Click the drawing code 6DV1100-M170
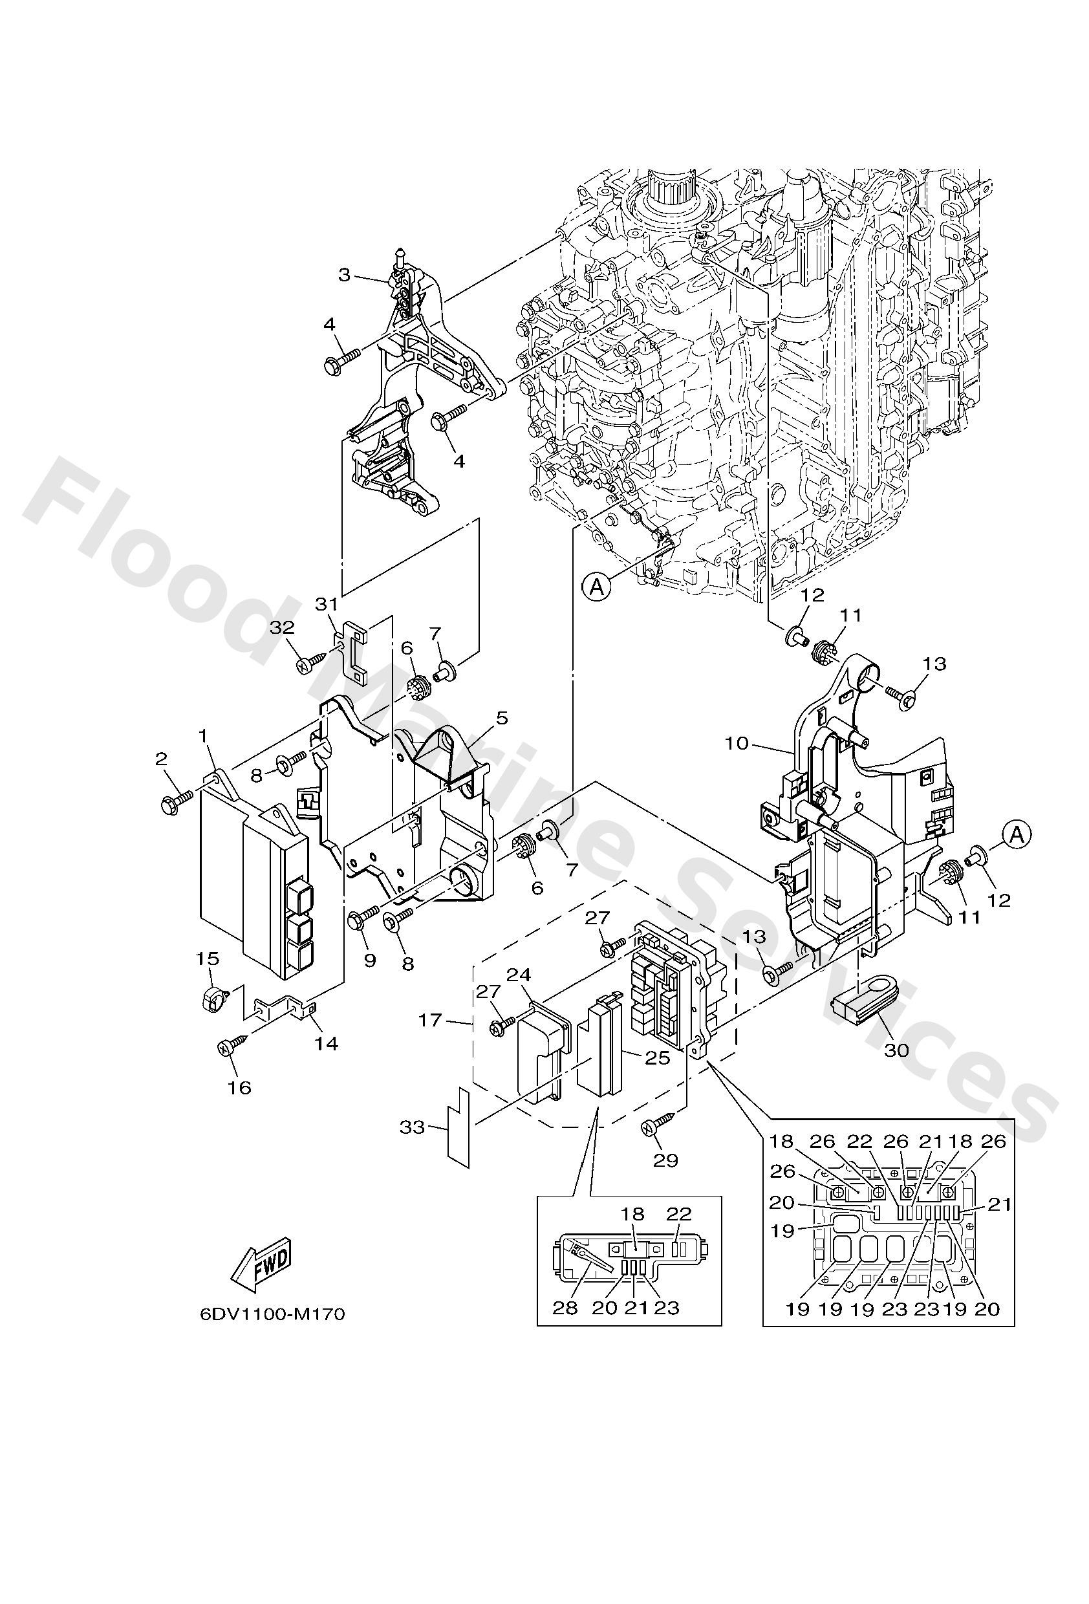coord(272,1314)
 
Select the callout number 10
coord(737,742)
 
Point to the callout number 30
coord(896,1050)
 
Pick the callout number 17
coord(430,1019)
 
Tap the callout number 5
coord(501,719)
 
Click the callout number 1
coord(204,736)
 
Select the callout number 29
coord(665,1160)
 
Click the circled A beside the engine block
coord(597,586)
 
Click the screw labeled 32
coord(306,665)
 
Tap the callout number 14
coord(327,1043)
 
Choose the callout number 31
coord(326,604)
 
